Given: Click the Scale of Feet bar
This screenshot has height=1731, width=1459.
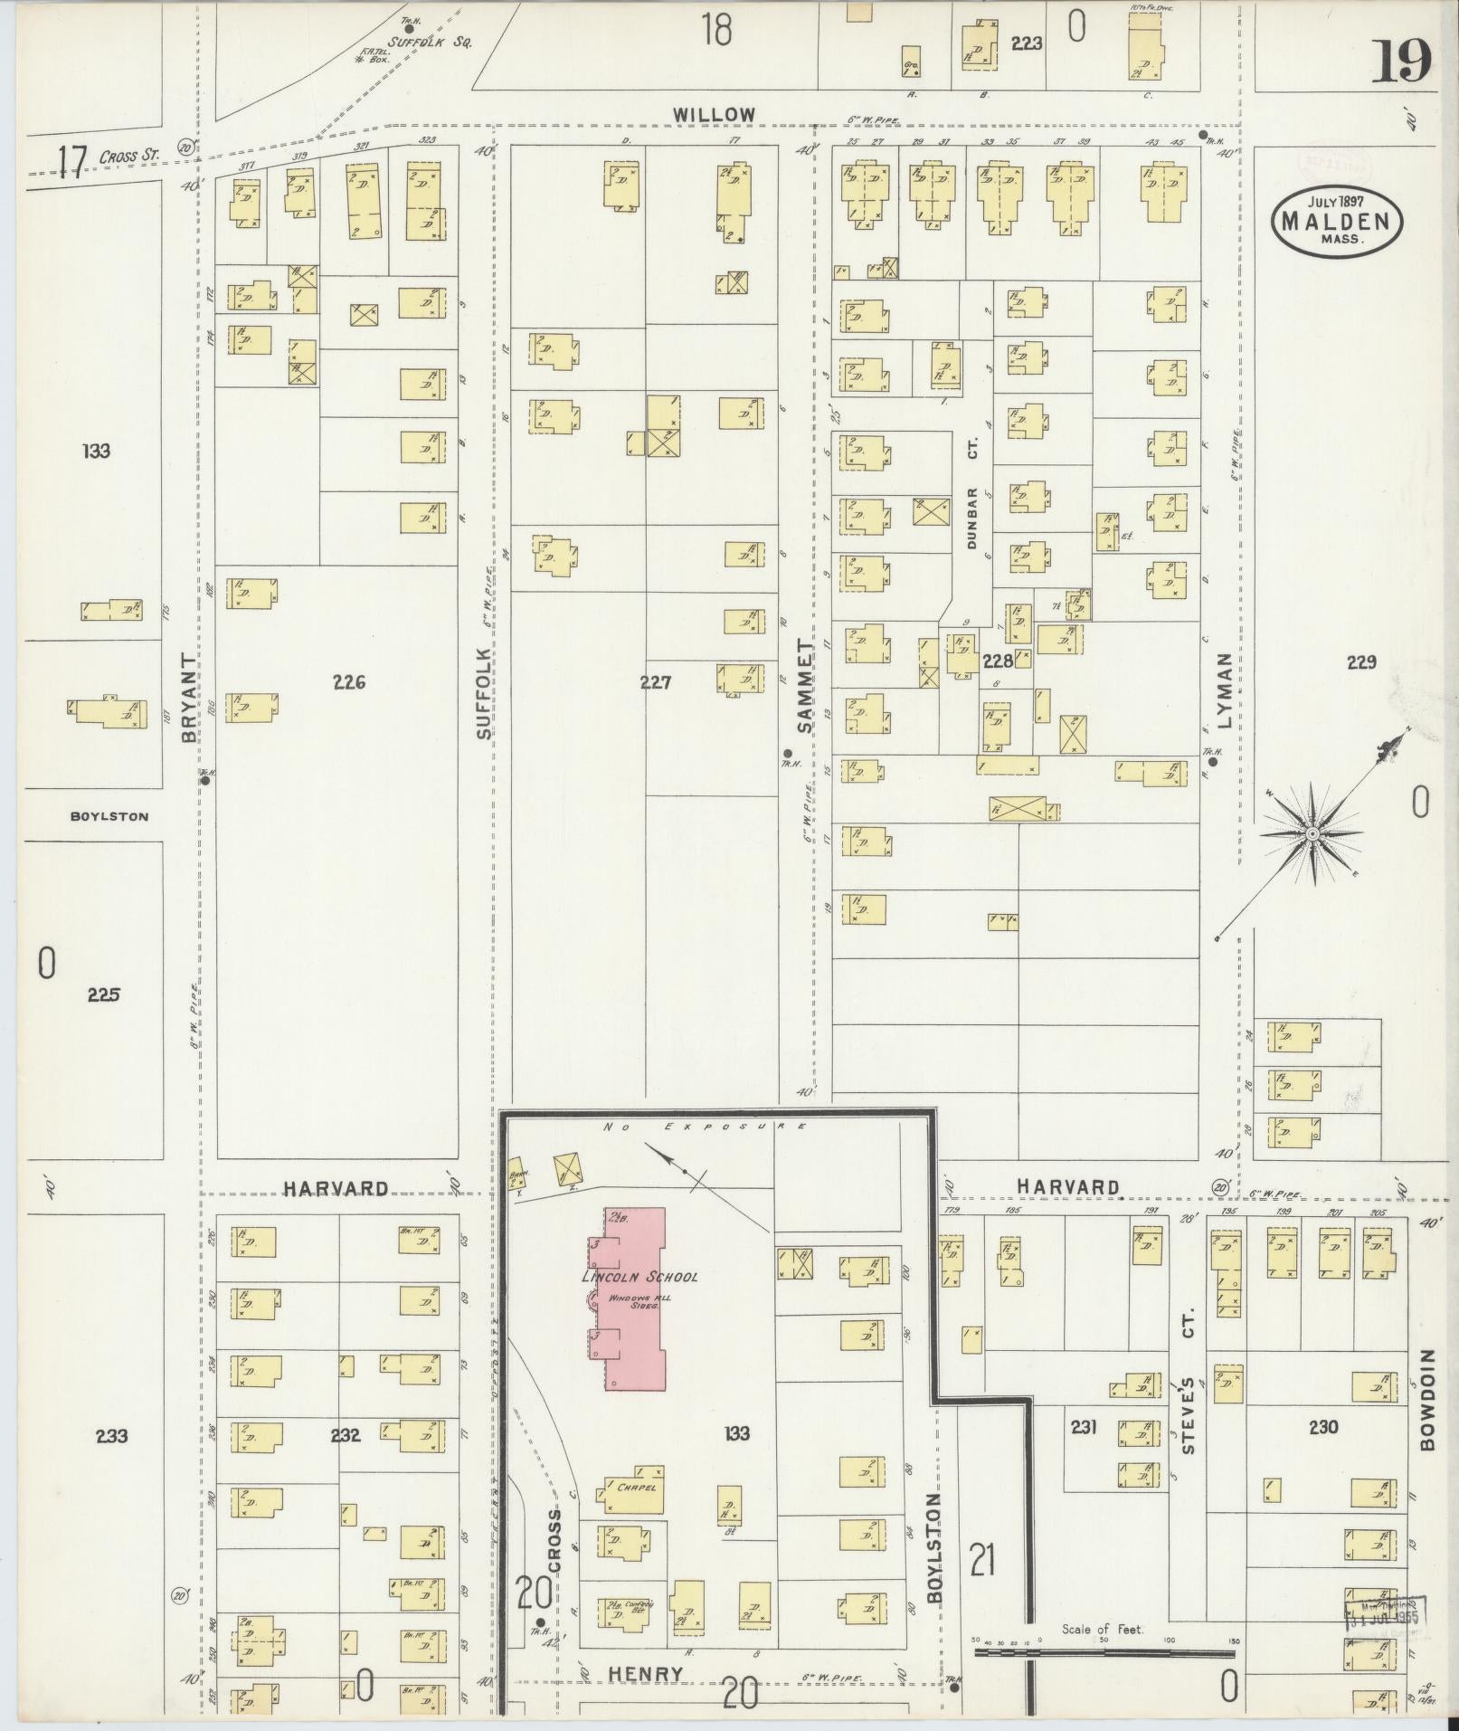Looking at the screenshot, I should (1104, 1651).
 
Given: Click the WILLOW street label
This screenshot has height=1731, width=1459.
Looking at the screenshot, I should (714, 115).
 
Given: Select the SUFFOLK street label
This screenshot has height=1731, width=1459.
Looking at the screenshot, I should (484, 692).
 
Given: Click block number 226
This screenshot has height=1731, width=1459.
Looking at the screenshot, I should (348, 683).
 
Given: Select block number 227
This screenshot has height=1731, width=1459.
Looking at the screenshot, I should (655, 683).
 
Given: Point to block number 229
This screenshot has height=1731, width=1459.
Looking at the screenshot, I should (1360, 662).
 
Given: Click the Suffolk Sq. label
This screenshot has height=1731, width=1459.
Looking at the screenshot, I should (430, 42).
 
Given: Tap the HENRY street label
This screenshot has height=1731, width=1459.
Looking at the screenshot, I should (645, 1675).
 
